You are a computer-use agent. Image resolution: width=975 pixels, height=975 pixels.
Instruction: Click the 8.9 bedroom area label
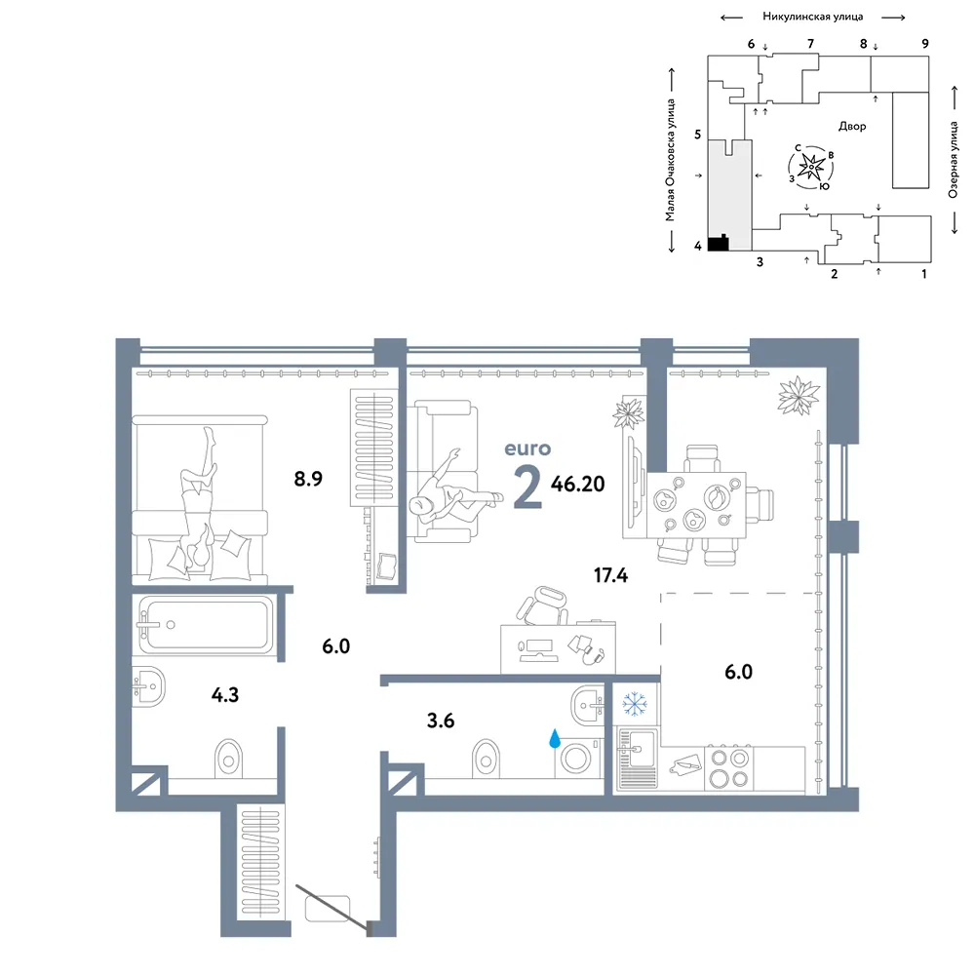pos(308,479)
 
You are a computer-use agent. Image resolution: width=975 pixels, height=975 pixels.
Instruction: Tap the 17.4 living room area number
pos(610,575)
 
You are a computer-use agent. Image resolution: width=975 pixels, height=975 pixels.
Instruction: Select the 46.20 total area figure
pos(577,484)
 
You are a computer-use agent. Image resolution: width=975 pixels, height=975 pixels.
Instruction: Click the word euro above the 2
pos(527,448)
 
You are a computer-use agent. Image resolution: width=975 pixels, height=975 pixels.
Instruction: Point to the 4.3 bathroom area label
pos(225,694)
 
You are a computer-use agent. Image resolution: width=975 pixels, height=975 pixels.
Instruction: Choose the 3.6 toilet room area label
pos(441,721)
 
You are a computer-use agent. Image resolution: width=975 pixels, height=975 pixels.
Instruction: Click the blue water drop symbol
pos(555,738)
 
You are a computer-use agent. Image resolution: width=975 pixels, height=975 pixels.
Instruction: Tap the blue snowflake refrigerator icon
pos(635,703)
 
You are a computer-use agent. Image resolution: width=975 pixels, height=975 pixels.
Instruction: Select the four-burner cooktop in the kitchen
pos(728,768)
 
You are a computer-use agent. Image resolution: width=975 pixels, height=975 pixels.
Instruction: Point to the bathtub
pos(206,625)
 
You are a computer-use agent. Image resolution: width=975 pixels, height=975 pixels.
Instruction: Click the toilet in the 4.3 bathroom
pos(229,759)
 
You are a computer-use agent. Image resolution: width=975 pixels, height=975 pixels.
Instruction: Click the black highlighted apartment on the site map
pos(719,243)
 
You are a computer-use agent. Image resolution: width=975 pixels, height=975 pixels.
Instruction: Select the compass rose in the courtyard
pos(811,167)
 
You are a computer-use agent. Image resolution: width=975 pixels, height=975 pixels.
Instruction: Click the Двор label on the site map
pos(852,126)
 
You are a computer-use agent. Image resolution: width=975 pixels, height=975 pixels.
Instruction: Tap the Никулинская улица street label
pos(813,17)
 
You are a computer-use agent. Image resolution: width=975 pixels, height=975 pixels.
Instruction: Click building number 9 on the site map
pos(925,44)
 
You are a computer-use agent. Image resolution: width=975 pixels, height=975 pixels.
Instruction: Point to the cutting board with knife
pos(685,764)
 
